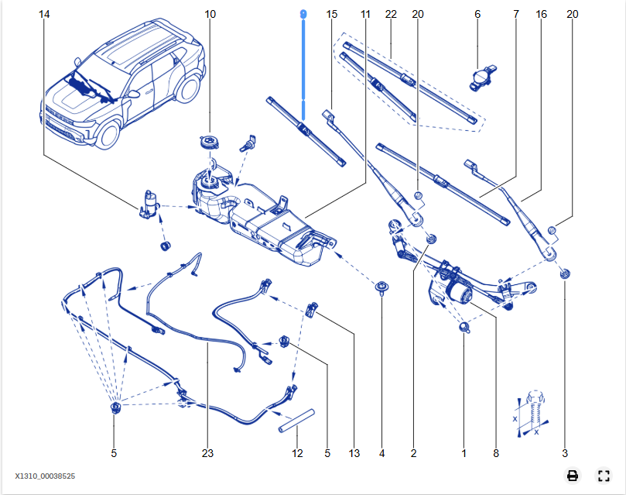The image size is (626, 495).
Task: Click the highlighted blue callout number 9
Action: (x=303, y=15)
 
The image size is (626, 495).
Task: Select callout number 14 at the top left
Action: (x=43, y=15)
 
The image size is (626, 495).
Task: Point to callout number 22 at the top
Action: (x=391, y=15)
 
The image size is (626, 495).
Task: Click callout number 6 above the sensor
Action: (x=477, y=15)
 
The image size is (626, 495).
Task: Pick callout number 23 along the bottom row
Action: (x=207, y=453)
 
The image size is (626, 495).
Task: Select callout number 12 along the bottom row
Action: (x=297, y=453)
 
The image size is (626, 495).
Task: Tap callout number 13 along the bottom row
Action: (x=354, y=453)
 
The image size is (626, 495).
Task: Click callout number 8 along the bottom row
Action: (x=496, y=453)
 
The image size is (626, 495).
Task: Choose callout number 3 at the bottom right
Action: (x=565, y=453)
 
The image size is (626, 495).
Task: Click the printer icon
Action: (x=573, y=476)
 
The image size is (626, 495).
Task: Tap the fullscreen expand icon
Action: (x=604, y=476)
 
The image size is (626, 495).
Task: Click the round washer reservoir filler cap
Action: (x=209, y=143)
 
